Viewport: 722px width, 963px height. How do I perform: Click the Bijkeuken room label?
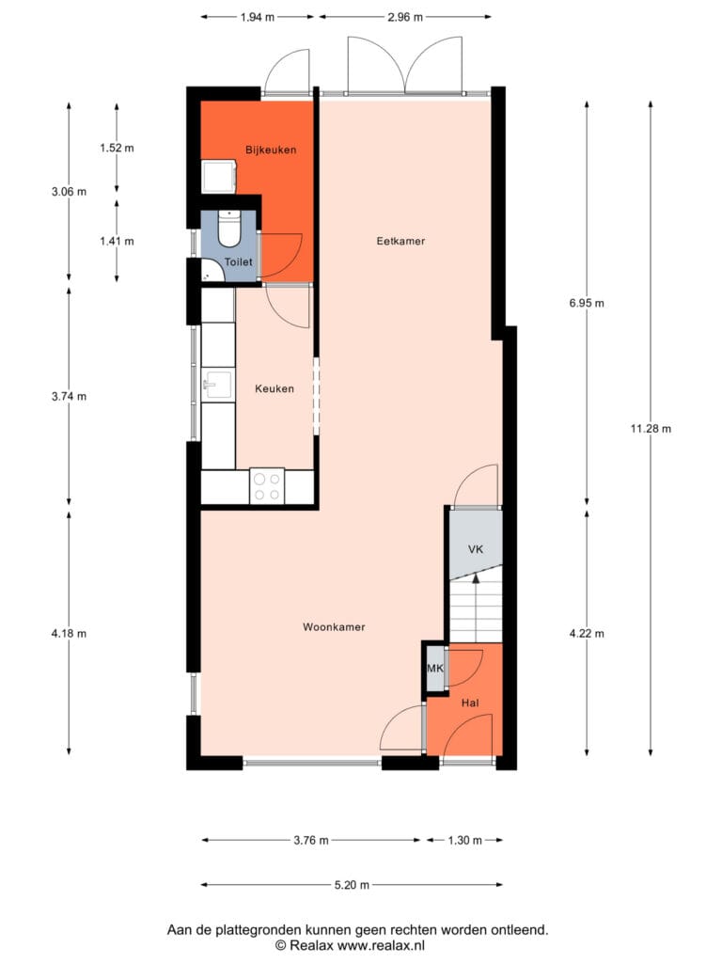click(x=271, y=150)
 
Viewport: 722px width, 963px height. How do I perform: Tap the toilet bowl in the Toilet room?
click(x=229, y=229)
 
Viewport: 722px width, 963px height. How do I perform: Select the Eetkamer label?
click(x=400, y=242)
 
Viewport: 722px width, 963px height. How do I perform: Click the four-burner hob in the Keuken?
click(x=267, y=486)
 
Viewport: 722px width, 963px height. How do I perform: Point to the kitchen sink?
click(x=218, y=385)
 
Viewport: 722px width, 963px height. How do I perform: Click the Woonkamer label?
click(x=334, y=627)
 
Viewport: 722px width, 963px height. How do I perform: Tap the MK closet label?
click(x=434, y=669)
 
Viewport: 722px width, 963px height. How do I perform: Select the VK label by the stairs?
click(x=476, y=549)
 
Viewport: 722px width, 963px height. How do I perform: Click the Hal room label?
click(x=470, y=703)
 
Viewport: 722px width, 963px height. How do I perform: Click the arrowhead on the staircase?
click(x=476, y=578)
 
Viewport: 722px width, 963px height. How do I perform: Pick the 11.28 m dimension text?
click(x=651, y=429)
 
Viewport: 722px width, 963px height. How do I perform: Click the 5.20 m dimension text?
click(x=352, y=885)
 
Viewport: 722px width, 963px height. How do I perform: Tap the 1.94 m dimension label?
click(x=258, y=17)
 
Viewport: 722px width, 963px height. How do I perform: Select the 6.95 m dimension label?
click(x=587, y=303)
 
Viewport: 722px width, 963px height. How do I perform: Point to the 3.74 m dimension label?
click(x=69, y=397)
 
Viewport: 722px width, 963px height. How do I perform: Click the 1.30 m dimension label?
click(x=464, y=840)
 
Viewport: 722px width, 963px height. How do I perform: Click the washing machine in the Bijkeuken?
click(x=219, y=177)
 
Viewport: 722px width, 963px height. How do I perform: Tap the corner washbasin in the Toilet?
click(x=212, y=270)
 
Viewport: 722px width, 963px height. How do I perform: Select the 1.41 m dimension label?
click(x=117, y=242)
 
